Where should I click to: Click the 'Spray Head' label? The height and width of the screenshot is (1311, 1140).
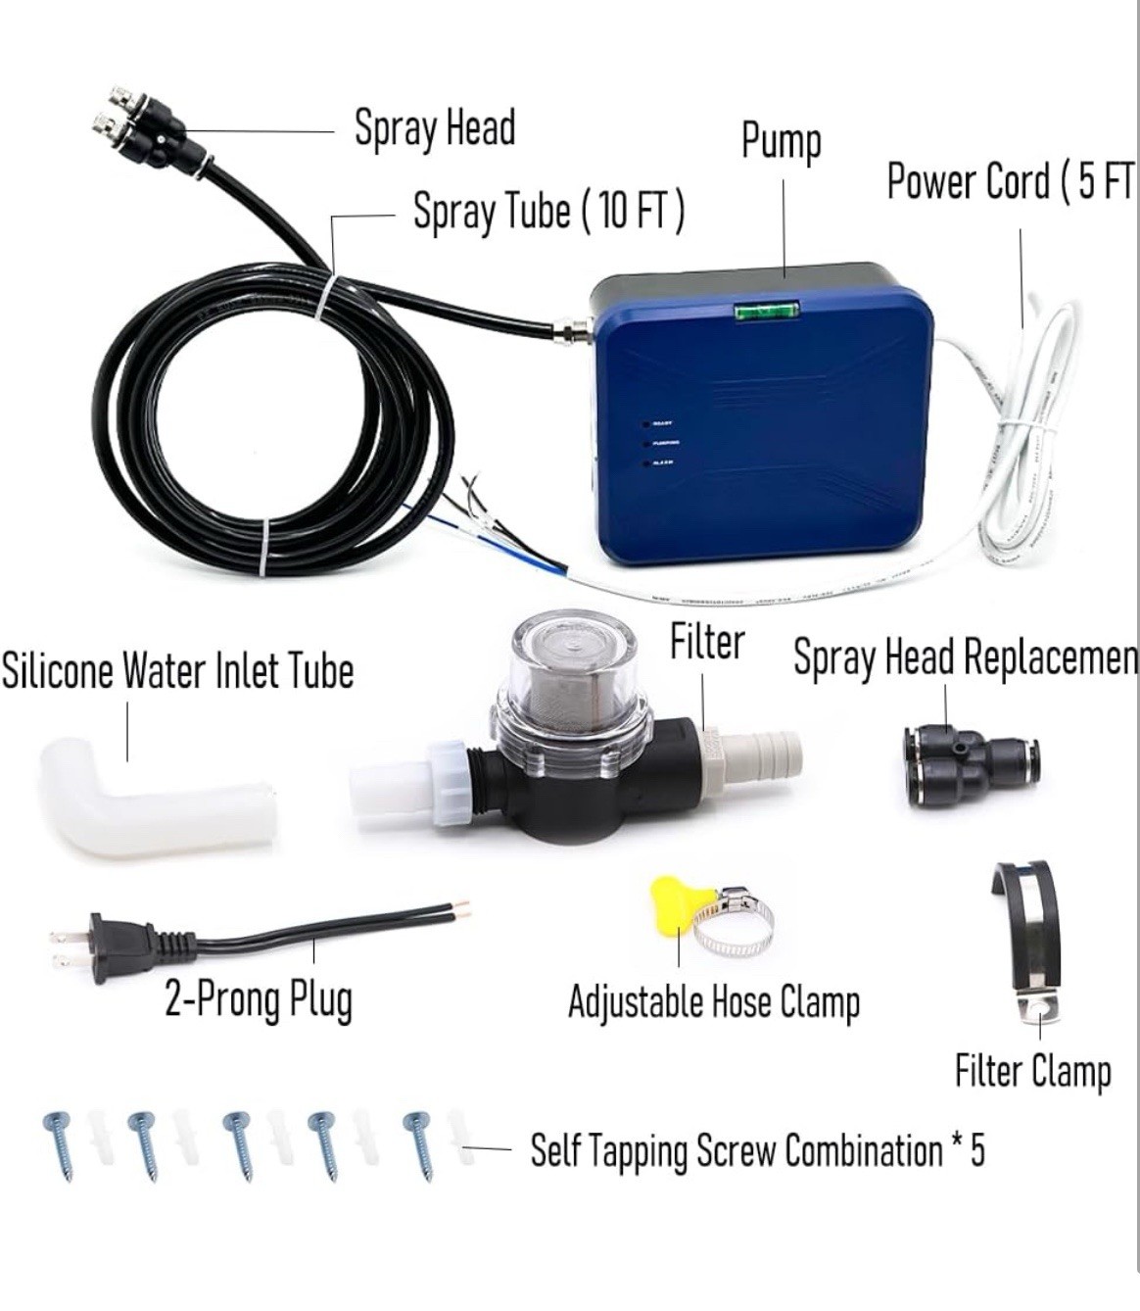(x=434, y=129)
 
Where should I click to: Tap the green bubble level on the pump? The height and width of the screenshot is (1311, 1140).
(x=767, y=311)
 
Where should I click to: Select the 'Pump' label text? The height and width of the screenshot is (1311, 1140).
(x=781, y=142)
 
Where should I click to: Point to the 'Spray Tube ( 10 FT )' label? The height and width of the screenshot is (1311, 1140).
(x=548, y=211)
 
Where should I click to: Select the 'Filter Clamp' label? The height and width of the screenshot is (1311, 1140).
(x=1032, y=1071)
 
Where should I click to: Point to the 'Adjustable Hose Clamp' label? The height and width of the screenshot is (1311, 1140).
(x=714, y=1001)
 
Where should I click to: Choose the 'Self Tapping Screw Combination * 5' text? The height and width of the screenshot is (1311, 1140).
(x=756, y=1150)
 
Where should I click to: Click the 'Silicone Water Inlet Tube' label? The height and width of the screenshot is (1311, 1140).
(x=177, y=672)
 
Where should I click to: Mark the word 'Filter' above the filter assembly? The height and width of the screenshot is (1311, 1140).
(x=707, y=643)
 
